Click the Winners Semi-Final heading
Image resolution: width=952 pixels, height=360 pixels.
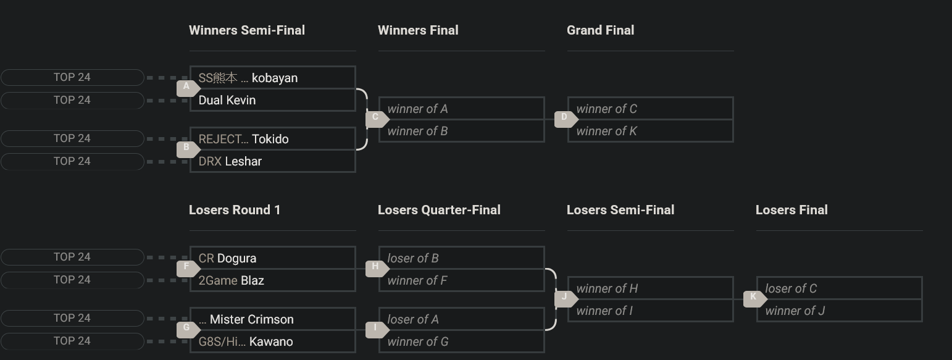click(246, 30)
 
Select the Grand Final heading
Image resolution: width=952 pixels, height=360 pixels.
click(600, 30)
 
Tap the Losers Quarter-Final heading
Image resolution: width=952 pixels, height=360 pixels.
click(439, 210)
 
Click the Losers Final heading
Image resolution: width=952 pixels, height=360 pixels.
click(791, 210)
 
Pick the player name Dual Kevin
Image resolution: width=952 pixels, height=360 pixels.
click(227, 100)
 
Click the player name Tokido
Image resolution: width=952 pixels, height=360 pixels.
click(270, 139)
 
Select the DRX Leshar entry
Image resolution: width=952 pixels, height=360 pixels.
click(230, 161)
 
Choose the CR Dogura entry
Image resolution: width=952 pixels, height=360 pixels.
click(227, 258)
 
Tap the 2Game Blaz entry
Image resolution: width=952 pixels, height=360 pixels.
click(232, 280)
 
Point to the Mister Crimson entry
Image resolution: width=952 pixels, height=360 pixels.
click(251, 319)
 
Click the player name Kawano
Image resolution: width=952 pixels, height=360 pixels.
click(271, 341)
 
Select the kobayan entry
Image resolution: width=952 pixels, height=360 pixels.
click(274, 78)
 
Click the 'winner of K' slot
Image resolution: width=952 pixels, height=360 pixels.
click(606, 131)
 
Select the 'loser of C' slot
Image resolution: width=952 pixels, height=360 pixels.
click(791, 288)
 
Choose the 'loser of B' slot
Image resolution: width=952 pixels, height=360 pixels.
click(412, 258)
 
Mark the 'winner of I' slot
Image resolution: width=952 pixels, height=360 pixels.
click(604, 311)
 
